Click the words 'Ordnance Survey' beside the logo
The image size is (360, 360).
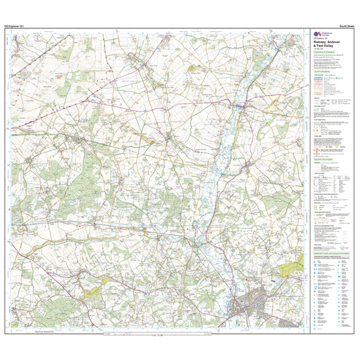(327, 33)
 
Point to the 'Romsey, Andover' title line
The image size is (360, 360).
(327, 42)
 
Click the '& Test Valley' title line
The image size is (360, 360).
(325, 46)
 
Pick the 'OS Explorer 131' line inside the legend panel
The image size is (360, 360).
(319, 38)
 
